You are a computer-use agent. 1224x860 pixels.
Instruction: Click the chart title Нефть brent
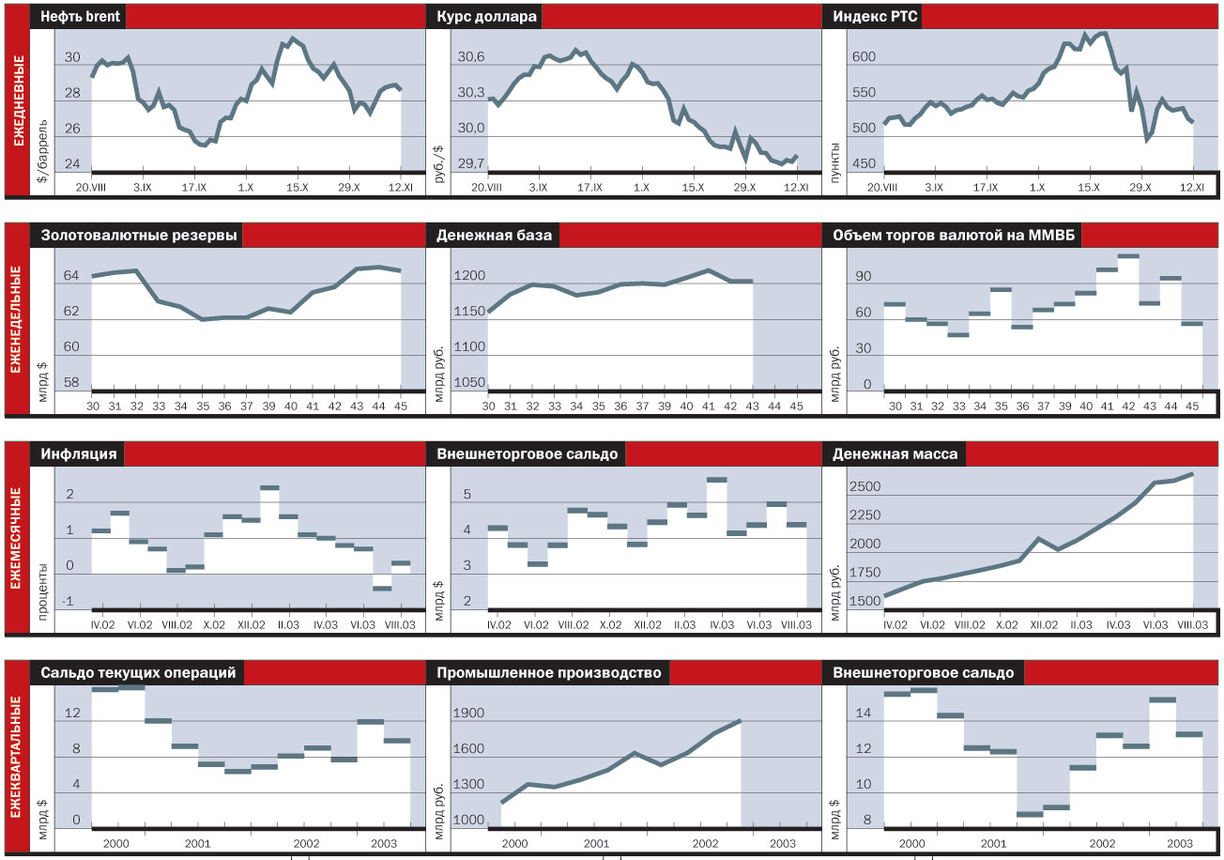(x=80, y=17)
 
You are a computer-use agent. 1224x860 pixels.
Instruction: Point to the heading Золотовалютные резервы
(x=138, y=235)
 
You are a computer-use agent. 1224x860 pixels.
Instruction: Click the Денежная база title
(x=495, y=235)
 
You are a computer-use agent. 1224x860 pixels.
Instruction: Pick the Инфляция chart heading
(x=79, y=453)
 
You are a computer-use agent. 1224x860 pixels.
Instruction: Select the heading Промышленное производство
(x=549, y=672)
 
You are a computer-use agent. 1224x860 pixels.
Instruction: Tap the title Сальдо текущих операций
(x=137, y=672)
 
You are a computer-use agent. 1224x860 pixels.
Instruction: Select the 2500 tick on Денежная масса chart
(x=865, y=487)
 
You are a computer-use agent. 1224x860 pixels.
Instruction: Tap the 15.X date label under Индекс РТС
(x=1089, y=188)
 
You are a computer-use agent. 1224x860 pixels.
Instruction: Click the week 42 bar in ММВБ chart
(x=1127, y=255)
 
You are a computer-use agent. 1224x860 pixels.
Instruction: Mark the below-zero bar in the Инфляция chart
(x=381, y=589)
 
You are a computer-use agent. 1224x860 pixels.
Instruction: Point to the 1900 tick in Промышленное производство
(x=469, y=714)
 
